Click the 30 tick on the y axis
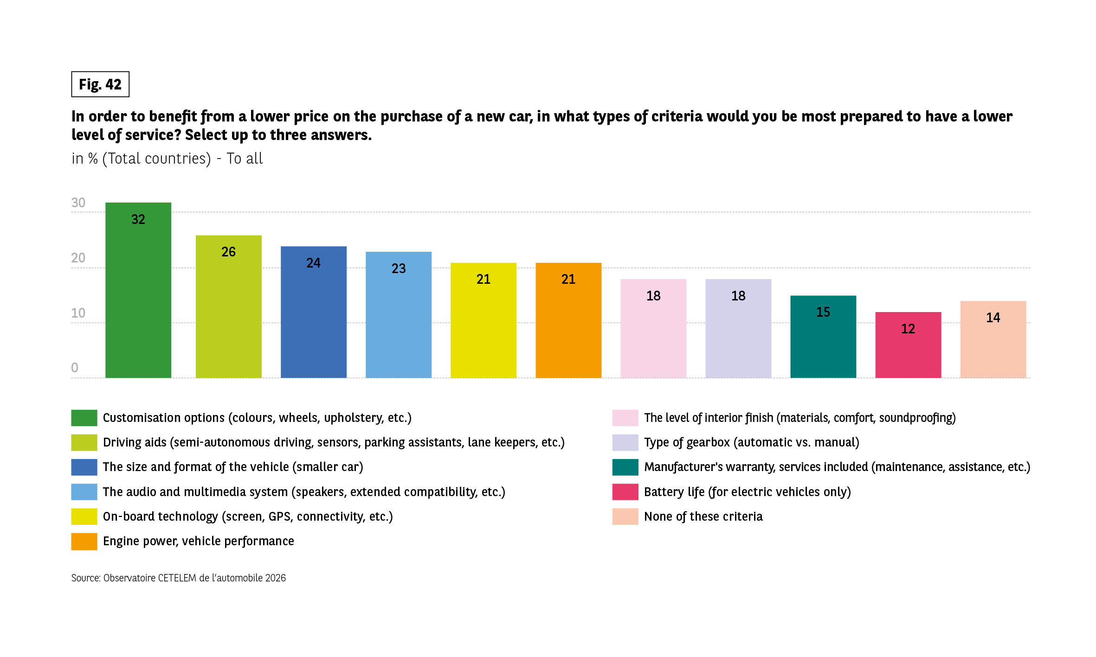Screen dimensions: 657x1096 78,203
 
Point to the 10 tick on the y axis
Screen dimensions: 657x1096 78,313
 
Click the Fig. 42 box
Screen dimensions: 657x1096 100,84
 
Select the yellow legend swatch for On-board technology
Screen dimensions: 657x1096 84,517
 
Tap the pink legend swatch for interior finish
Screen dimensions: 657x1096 625,418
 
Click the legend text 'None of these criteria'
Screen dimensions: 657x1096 703,517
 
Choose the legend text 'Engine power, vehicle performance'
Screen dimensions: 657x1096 198,541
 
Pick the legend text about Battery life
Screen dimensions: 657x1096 747,492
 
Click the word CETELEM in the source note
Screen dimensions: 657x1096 177,578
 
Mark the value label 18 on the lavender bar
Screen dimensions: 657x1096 738,296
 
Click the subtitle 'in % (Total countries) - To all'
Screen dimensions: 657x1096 167,159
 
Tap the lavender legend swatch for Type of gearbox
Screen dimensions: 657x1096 625,442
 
